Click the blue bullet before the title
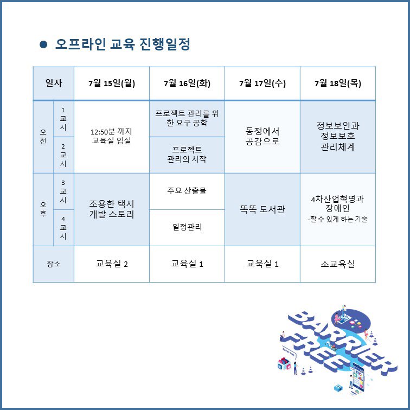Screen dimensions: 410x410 (44, 44)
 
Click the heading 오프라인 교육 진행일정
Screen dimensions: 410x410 (123, 44)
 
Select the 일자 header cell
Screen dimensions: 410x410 (53, 84)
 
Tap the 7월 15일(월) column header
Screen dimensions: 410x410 (111, 84)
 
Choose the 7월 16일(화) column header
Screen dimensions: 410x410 (187, 84)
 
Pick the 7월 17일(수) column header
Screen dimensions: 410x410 (262, 84)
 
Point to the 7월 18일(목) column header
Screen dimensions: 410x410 (337, 84)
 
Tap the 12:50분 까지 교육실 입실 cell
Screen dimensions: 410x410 (111, 136)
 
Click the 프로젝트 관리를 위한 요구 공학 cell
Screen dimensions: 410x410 (187, 118)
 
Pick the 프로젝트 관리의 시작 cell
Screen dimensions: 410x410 (187, 155)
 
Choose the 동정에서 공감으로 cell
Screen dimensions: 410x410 (262, 136)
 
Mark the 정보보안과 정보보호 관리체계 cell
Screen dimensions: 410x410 (337, 136)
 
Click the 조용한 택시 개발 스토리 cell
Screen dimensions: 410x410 (111, 209)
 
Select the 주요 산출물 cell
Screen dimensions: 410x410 (187, 191)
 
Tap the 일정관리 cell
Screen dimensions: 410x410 (187, 227)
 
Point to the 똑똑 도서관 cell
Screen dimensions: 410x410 (262, 209)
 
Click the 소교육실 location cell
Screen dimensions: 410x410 (337, 264)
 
